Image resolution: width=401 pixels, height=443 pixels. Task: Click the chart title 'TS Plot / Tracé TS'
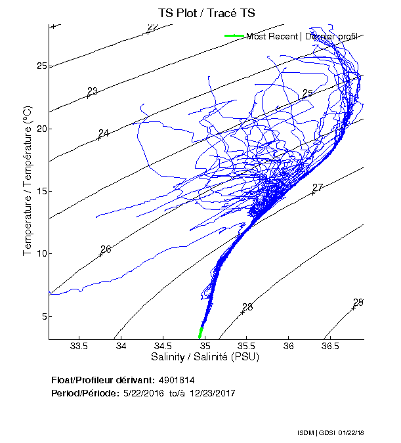coord(207,12)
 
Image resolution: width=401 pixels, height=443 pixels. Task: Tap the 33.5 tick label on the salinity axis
coord(79,346)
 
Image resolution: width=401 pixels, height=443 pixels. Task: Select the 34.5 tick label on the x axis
coord(163,346)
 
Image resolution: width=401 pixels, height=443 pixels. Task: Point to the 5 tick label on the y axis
coord(44,316)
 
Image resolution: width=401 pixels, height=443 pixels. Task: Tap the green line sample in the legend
coord(234,36)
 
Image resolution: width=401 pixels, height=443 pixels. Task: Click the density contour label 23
coord(93,91)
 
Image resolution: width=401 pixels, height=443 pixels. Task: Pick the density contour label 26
coord(106,249)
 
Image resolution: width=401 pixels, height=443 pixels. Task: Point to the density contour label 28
coord(247,307)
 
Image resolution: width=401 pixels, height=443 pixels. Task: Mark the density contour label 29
coord(358,303)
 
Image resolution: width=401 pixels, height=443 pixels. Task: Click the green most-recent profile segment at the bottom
coord(201,333)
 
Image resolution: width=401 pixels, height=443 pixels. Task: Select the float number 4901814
coord(176,380)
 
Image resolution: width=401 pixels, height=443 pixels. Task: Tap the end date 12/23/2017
coord(212,393)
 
